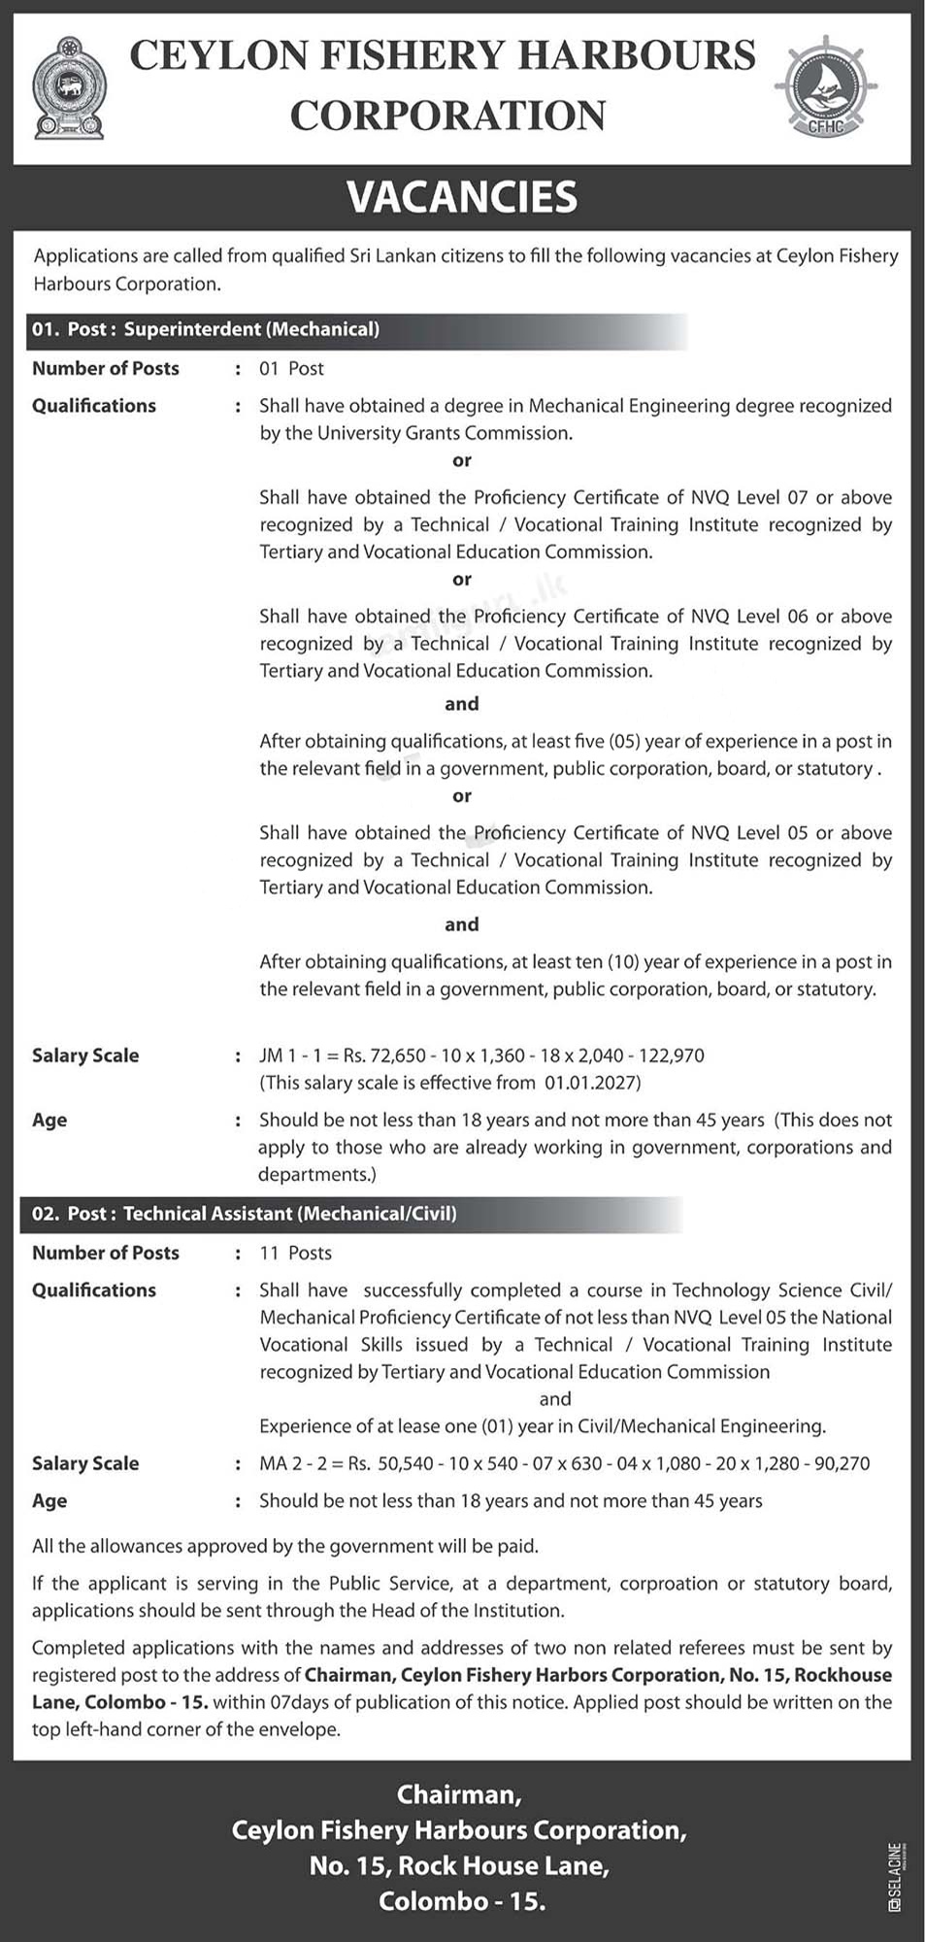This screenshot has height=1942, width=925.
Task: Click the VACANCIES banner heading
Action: tap(462, 197)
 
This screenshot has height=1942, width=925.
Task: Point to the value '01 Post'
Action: tap(291, 368)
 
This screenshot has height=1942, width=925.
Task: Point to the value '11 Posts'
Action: tap(295, 1253)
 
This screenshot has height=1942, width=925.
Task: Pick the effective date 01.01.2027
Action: tap(590, 1082)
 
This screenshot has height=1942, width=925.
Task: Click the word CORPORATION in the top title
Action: tap(447, 116)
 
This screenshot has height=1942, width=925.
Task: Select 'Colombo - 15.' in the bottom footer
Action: tap(462, 1901)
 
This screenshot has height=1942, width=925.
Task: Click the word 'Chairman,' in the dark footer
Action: tap(459, 1794)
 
